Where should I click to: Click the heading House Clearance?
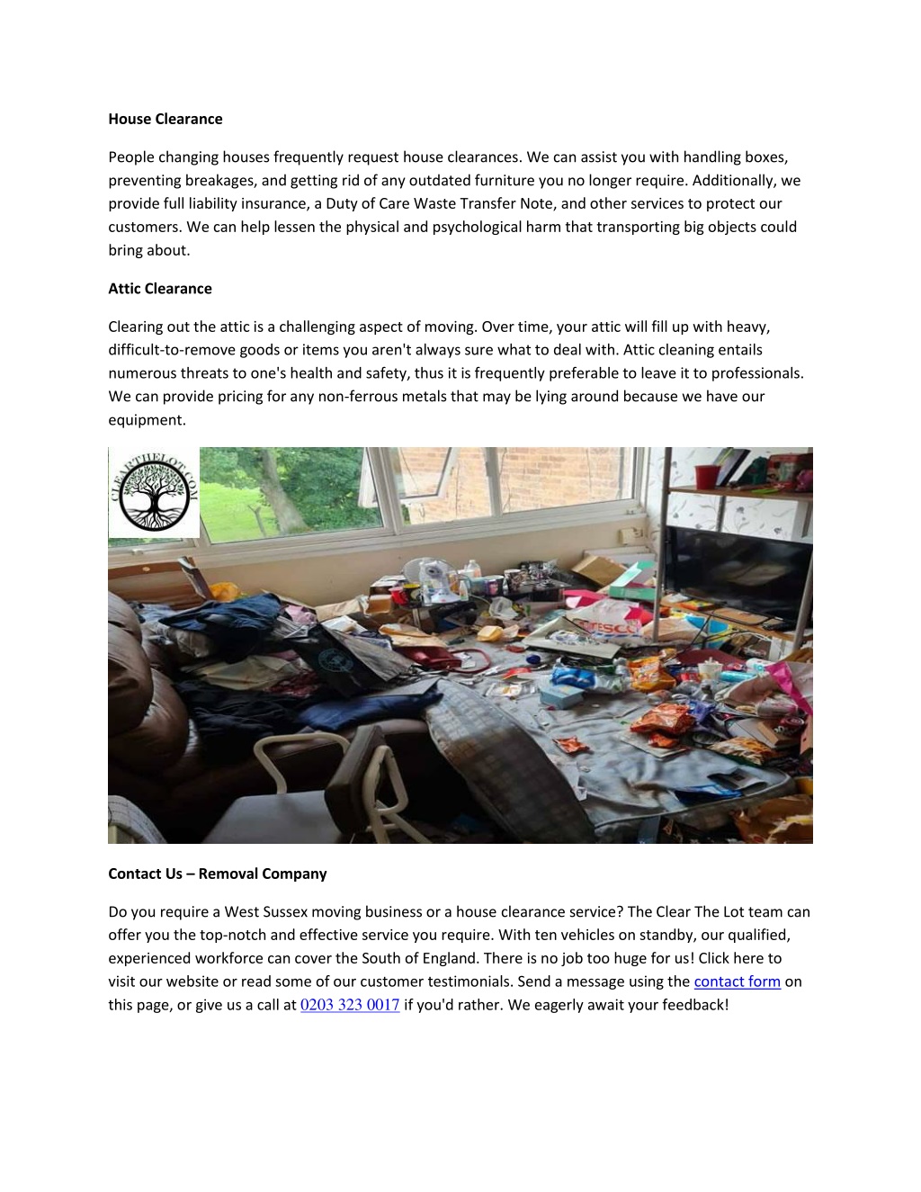pos(165,119)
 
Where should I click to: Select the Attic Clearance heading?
pos(160,289)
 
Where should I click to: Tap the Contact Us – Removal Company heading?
pos(217,874)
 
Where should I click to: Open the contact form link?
pos(737,981)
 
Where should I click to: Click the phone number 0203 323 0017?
pos(350,1005)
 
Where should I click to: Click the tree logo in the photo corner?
pos(154,493)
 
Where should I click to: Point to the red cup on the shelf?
pos(708,476)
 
